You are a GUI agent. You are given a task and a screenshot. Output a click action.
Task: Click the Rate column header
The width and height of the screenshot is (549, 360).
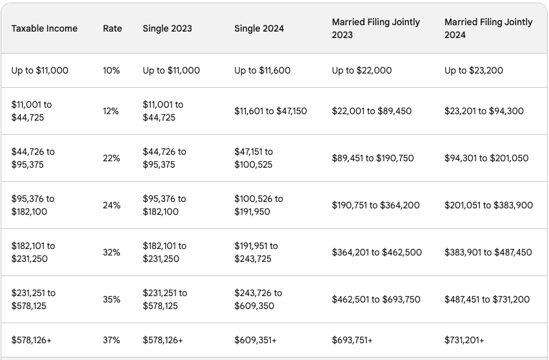pyautogui.click(x=112, y=28)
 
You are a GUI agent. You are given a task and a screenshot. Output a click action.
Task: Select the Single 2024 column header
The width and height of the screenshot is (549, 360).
pyautogui.click(x=259, y=28)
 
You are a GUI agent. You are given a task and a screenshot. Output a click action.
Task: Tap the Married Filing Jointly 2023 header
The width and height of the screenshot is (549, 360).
pyautogui.click(x=375, y=28)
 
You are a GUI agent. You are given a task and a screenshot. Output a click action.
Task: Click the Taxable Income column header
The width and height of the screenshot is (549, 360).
pyautogui.click(x=44, y=28)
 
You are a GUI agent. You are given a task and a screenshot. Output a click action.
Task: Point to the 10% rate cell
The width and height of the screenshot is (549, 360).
pyautogui.click(x=111, y=70)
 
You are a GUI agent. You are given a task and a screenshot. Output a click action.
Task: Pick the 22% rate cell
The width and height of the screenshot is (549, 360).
pyautogui.click(x=111, y=158)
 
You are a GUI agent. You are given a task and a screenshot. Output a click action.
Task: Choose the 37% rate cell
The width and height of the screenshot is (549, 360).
pyautogui.click(x=111, y=340)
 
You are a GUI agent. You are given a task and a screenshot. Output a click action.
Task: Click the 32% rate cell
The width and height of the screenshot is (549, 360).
pyautogui.click(x=111, y=252)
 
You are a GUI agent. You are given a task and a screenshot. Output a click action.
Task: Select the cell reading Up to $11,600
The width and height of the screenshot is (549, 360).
pyautogui.click(x=264, y=70)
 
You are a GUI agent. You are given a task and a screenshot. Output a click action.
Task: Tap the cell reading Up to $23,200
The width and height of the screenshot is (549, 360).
pyautogui.click(x=474, y=70)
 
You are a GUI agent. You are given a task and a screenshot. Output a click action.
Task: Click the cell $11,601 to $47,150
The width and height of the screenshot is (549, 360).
pyautogui.click(x=270, y=111)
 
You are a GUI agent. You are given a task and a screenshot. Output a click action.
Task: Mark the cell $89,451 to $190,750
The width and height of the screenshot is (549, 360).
pyautogui.click(x=373, y=158)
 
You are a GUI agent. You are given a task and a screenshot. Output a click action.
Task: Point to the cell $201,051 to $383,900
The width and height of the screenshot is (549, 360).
pyautogui.click(x=488, y=205)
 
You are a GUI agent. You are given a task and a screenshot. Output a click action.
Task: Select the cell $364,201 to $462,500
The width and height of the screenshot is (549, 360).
pyautogui.click(x=377, y=252)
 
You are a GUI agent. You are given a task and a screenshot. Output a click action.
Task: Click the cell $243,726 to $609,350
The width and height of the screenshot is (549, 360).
pyautogui.click(x=258, y=299)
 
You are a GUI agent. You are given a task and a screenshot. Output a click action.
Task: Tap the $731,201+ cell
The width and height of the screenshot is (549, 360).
pyautogui.click(x=464, y=340)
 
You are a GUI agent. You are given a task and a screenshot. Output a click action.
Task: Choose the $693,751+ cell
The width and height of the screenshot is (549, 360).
pyautogui.click(x=352, y=340)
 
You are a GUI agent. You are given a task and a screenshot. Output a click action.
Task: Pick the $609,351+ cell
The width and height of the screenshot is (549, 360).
pyautogui.click(x=255, y=340)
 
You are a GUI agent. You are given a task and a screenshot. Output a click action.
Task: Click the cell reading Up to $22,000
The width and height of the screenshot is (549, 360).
pyautogui.click(x=361, y=70)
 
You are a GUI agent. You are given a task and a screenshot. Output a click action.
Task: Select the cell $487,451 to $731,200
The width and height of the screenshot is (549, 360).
pyautogui.click(x=487, y=299)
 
